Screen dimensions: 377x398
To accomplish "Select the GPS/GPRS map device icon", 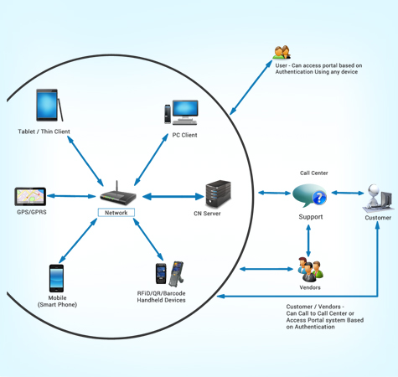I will (x=30, y=197).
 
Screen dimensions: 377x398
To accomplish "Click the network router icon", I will (x=116, y=196).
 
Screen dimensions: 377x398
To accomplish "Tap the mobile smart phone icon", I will (x=56, y=278).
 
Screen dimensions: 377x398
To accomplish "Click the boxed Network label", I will (x=116, y=213).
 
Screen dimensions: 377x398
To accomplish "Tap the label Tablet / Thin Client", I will (x=44, y=132).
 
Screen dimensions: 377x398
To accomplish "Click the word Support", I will (x=311, y=217).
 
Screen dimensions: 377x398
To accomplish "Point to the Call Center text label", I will (x=314, y=173).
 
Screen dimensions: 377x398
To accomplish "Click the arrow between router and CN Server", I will (x=173, y=197).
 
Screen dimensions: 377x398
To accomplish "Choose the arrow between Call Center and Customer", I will (x=346, y=193).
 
